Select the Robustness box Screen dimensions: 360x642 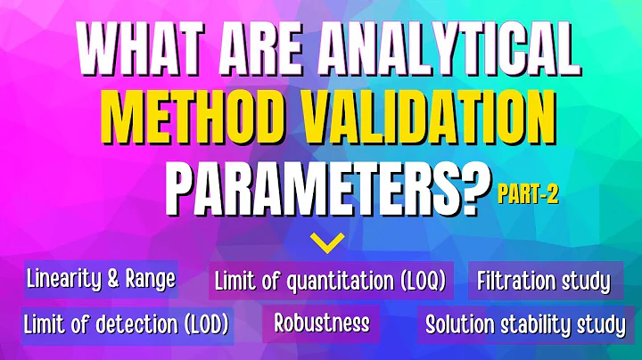click(x=322, y=323)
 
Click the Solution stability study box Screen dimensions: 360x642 click(x=524, y=324)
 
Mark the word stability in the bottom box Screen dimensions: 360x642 click(x=537, y=324)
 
